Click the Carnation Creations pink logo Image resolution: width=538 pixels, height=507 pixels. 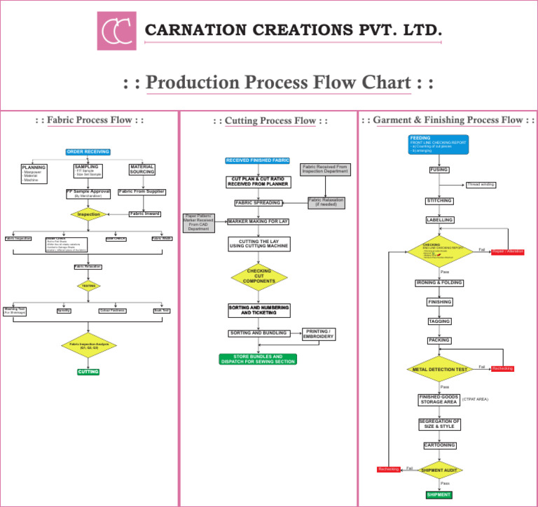coord(116,31)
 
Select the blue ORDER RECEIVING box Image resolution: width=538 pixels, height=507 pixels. coord(88,152)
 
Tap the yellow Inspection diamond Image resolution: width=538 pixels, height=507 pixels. coord(89,214)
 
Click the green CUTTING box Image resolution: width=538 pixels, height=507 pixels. coord(88,372)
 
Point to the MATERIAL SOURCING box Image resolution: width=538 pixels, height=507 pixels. coord(142,170)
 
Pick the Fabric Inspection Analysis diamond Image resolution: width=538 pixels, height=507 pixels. coord(89,345)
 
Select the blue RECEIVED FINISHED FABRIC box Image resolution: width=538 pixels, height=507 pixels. coord(258,161)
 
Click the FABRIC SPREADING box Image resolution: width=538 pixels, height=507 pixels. coord(258,203)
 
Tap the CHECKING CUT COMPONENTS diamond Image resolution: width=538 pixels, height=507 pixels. coord(259,277)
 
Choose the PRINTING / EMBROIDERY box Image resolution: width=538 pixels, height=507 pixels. coord(318,334)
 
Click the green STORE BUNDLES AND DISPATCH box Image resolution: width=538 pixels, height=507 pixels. coord(258,359)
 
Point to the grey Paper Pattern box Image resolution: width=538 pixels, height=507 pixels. coord(202,222)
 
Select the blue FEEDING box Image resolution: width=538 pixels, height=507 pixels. coord(439,144)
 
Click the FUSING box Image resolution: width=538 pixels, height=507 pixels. coord(439,169)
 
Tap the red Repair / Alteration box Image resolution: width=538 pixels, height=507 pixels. coord(508,251)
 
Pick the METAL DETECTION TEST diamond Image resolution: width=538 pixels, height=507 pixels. coord(440,369)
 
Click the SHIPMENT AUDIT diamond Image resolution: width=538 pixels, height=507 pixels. coord(440,471)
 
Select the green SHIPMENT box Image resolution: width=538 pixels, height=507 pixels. coord(439,495)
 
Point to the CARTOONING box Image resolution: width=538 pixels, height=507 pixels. coord(440,445)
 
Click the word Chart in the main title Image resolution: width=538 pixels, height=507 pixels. coord(386,83)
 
